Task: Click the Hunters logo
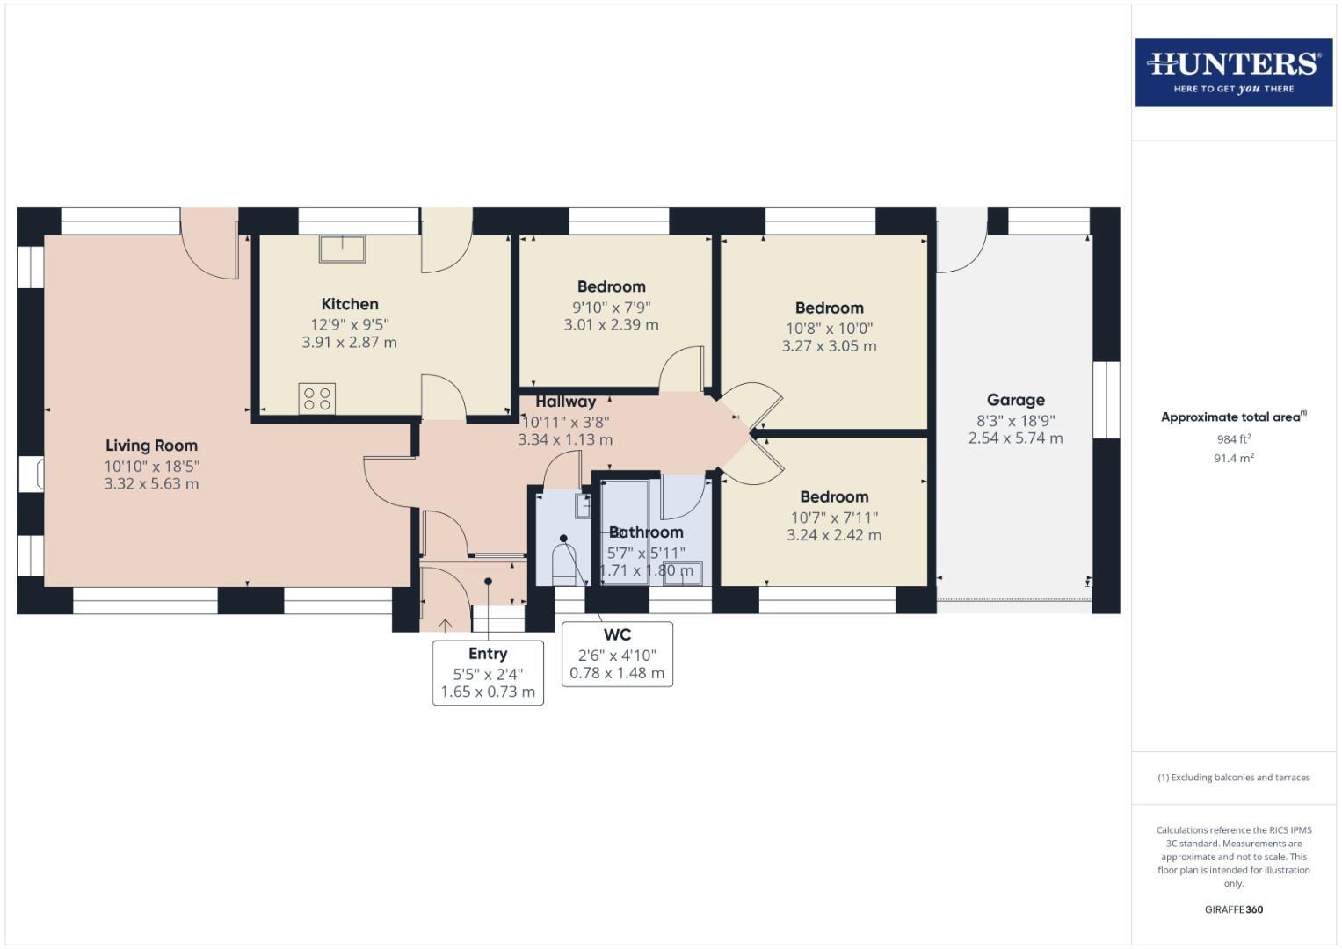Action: click(x=1233, y=72)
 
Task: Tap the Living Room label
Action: click(x=151, y=446)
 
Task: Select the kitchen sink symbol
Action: click(x=342, y=249)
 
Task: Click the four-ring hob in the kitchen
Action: click(x=317, y=399)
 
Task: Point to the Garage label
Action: click(x=1015, y=400)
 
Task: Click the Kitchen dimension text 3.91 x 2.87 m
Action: click(x=349, y=343)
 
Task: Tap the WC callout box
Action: click(x=617, y=654)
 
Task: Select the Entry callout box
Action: click(x=488, y=672)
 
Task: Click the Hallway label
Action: click(x=565, y=402)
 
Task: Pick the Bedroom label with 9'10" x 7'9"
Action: click(x=611, y=286)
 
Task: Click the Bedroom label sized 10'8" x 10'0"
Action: click(x=829, y=308)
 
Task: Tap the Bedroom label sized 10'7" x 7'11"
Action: click(x=834, y=496)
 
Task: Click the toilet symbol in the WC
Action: click(x=562, y=562)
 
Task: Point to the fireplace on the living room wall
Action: click(x=31, y=474)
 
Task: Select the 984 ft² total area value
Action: click(x=1233, y=439)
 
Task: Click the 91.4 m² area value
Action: click(x=1233, y=458)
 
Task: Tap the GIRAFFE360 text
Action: click(x=1233, y=909)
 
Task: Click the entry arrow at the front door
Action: click(x=445, y=625)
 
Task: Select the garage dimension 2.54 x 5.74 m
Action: click(x=1015, y=438)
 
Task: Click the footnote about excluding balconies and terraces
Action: click(x=1233, y=778)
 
